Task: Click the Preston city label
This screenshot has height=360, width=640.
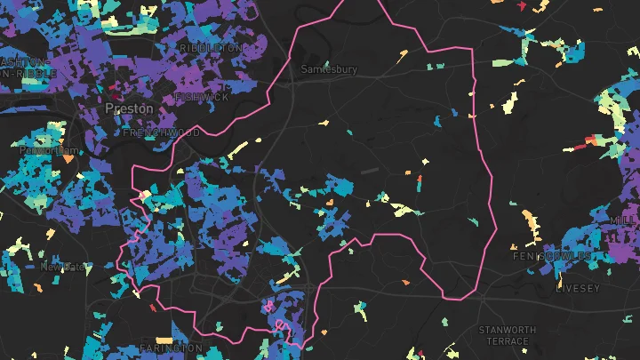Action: coord(129,108)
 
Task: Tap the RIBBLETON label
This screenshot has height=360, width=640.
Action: coord(210,47)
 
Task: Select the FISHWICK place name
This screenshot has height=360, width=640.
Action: coord(203,97)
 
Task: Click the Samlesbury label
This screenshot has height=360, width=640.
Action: coord(329,69)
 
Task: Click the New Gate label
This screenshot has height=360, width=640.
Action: coord(63,266)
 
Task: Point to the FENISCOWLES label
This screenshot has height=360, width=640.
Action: coord(551,256)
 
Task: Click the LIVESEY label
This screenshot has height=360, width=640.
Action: coord(578,289)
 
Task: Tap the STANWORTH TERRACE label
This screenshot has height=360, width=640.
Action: coord(508,335)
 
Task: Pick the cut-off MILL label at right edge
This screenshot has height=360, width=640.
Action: coord(624,219)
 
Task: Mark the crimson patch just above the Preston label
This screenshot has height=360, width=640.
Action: coord(116,90)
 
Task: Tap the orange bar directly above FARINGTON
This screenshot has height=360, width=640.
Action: coord(164,340)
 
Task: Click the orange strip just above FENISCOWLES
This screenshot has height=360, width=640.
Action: coord(531,218)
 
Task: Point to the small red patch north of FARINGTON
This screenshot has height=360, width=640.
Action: coord(153,308)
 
